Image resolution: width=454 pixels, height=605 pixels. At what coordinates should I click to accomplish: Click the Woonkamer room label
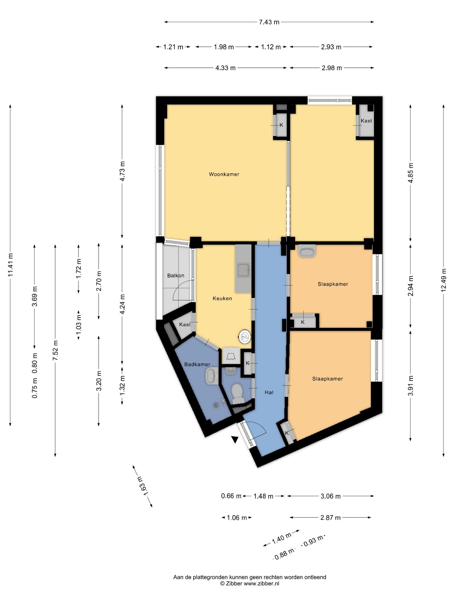click(224, 174)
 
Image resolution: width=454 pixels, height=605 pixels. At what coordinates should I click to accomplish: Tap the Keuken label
click(222, 298)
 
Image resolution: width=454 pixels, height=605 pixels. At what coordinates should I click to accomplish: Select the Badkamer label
click(197, 364)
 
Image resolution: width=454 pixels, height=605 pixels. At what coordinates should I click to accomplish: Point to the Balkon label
click(176, 275)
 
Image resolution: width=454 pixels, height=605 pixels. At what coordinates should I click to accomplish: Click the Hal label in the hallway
click(269, 392)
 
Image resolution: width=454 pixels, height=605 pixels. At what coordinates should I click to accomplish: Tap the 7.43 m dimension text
click(269, 22)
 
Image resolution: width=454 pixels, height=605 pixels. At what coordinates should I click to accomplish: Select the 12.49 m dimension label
click(444, 280)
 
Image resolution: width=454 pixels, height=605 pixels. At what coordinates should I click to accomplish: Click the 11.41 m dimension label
click(10, 265)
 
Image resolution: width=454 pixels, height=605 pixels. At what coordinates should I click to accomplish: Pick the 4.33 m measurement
click(225, 68)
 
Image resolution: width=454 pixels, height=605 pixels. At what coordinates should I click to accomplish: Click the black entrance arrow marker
click(234, 440)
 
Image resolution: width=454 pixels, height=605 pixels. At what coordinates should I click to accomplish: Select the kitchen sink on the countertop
click(244, 270)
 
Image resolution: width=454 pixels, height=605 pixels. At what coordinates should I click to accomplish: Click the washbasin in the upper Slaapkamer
click(307, 251)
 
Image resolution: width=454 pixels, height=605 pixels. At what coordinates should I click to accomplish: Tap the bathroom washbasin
click(212, 376)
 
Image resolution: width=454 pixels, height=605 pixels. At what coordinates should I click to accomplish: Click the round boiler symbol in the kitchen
click(245, 337)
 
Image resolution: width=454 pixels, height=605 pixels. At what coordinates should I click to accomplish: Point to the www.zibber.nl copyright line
click(250, 583)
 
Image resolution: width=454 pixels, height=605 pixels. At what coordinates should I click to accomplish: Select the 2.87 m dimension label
click(330, 517)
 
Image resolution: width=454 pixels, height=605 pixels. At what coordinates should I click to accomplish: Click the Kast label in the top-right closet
click(366, 121)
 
